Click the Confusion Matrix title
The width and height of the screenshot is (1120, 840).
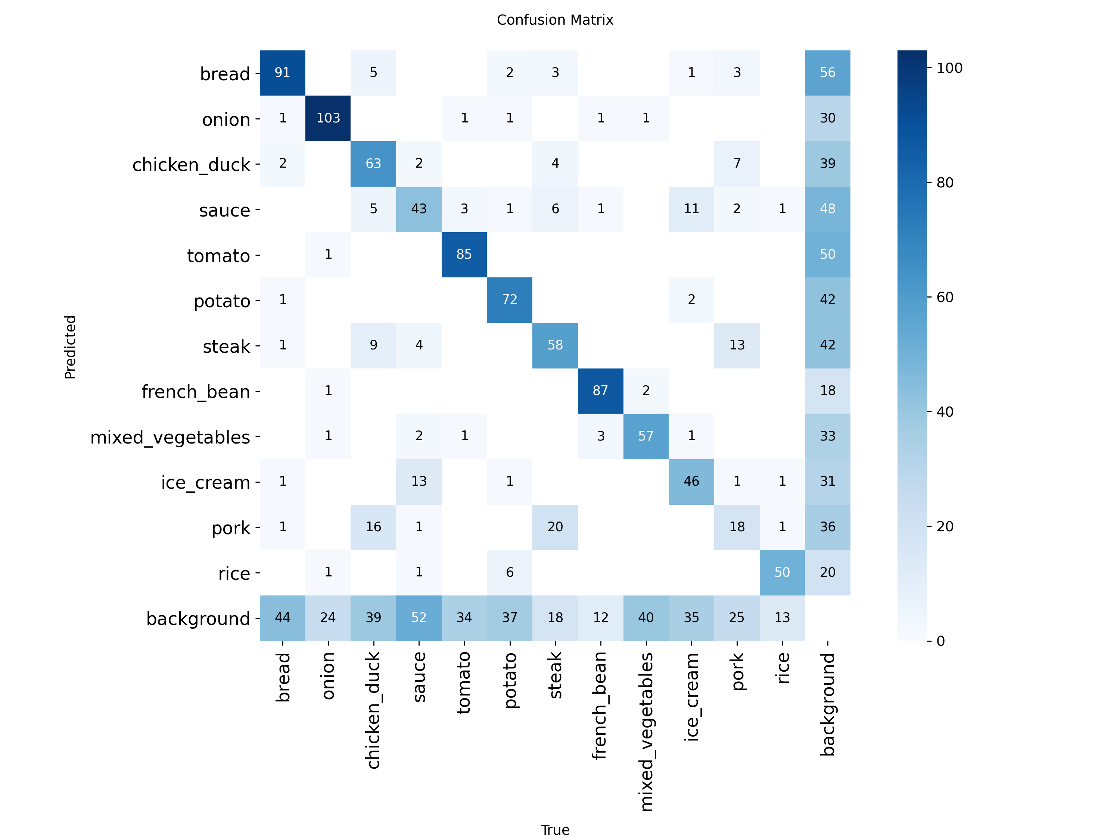[554, 20]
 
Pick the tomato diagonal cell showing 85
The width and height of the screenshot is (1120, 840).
[464, 254]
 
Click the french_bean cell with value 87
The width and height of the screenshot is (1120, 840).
[600, 391]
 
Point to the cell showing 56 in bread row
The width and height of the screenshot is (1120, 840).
[827, 72]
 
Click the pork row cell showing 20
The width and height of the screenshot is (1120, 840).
[555, 526]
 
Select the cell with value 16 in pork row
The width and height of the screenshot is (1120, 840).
[373, 526]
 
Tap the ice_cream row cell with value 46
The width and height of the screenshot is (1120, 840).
[691, 481]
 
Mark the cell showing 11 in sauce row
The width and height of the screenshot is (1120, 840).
[691, 209]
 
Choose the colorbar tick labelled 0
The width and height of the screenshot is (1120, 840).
[940, 641]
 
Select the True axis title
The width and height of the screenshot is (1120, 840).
[555, 830]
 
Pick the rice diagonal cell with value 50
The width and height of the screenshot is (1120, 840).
[782, 572]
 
